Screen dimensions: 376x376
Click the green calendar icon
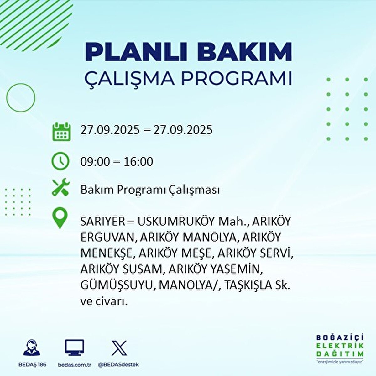click(x=60, y=131)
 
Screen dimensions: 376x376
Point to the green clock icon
click(x=60, y=161)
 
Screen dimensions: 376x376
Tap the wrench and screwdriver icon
click(x=60, y=187)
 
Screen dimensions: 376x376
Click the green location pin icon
click(x=60, y=219)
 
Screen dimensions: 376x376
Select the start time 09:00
click(x=95, y=162)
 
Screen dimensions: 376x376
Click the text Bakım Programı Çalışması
click(x=150, y=190)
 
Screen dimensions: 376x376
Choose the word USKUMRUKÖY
click(x=176, y=222)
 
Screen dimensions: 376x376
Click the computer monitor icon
click(x=75, y=347)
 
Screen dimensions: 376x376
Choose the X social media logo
click(x=119, y=348)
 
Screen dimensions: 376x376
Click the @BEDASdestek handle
click(x=118, y=365)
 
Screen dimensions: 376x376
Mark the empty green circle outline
click(x=21, y=98)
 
